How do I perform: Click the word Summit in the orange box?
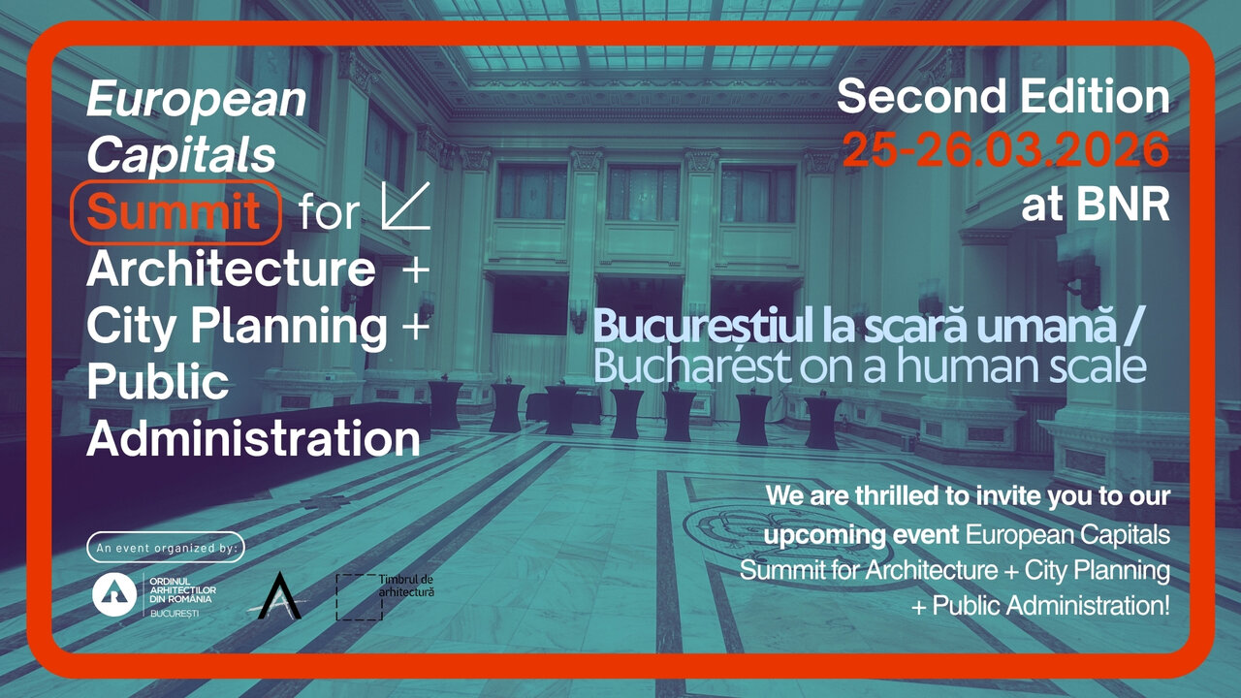click(174, 211)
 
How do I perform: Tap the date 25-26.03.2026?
click(1005, 149)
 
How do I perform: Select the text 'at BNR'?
click(1096, 205)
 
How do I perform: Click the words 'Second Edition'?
click(1003, 96)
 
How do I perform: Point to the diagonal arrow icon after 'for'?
click(406, 206)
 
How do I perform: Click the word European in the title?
click(196, 100)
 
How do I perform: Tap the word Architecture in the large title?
click(231, 269)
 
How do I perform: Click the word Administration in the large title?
click(253, 438)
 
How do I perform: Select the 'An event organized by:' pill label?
click(166, 548)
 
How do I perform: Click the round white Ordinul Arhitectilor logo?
click(114, 594)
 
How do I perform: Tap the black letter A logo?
click(279, 595)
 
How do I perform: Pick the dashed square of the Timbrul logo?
click(359, 597)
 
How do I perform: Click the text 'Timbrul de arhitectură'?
click(406, 586)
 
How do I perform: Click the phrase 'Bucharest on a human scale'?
click(870, 366)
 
